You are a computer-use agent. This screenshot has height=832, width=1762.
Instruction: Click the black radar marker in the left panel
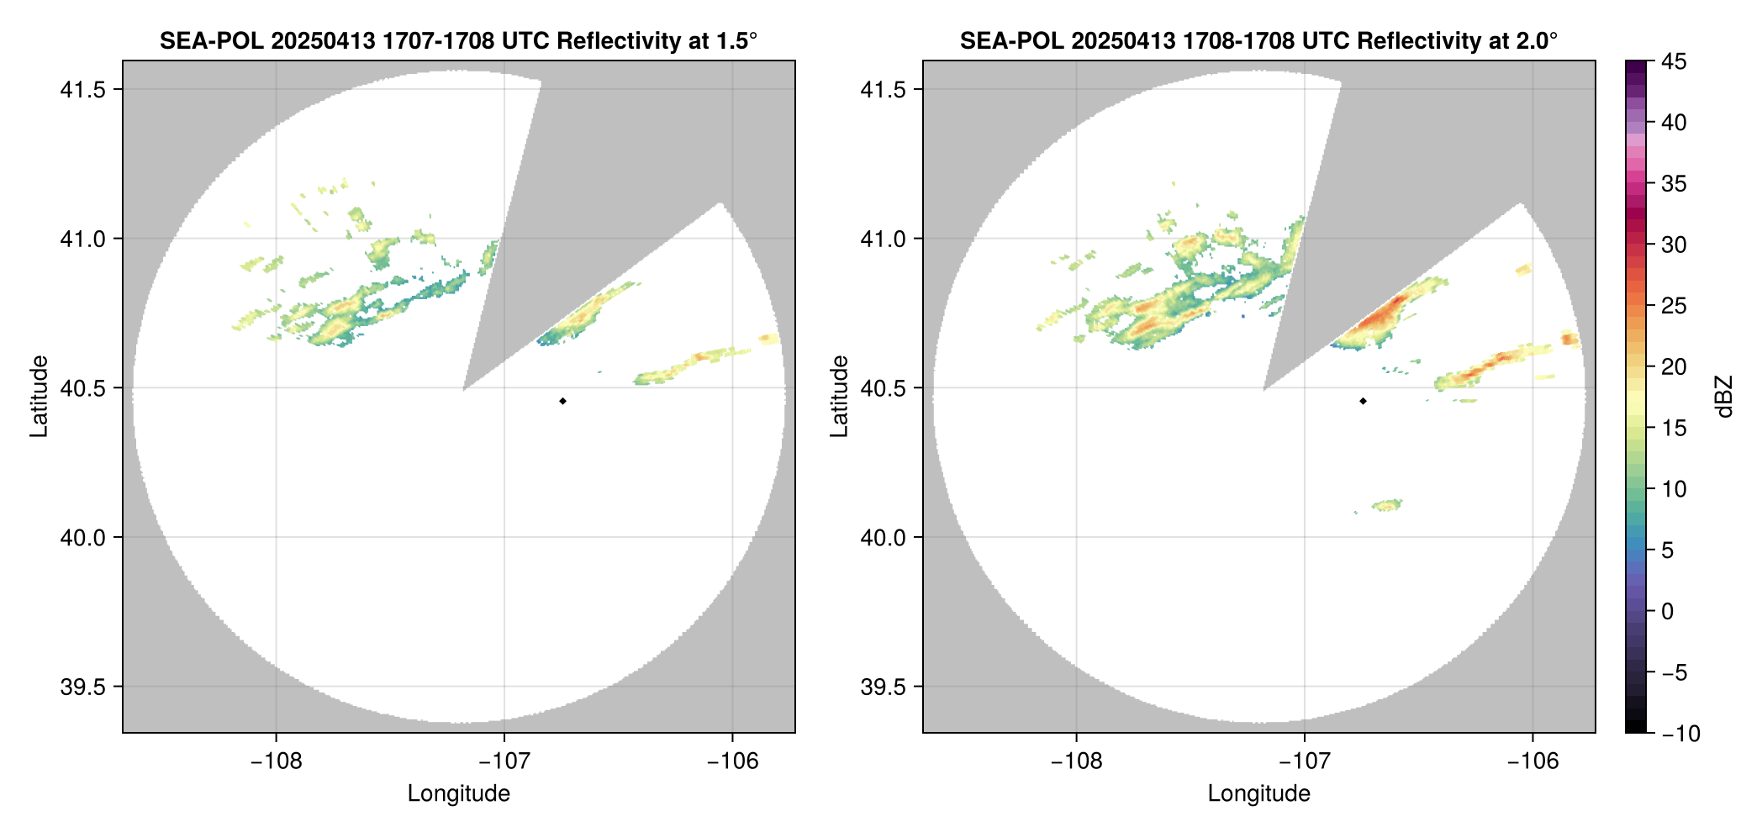point(562,401)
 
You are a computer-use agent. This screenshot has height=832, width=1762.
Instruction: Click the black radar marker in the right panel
point(1363,401)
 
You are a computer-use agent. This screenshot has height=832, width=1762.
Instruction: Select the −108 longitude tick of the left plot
point(276,761)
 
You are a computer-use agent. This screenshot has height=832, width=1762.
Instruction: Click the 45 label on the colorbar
point(1674,61)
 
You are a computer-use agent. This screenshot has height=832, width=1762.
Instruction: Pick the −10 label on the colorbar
point(1680,734)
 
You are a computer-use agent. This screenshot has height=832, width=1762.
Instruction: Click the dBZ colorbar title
point(1725,397)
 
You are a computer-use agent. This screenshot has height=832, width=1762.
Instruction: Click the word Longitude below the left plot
point(459,793)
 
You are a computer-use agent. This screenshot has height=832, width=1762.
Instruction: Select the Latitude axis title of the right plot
point(839,397)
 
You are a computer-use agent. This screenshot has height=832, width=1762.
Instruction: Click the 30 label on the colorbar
point(1674,245)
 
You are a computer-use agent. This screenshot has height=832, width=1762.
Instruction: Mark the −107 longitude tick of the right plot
point(1304,761)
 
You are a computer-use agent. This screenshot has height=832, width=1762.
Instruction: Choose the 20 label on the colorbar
point(1674,366)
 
